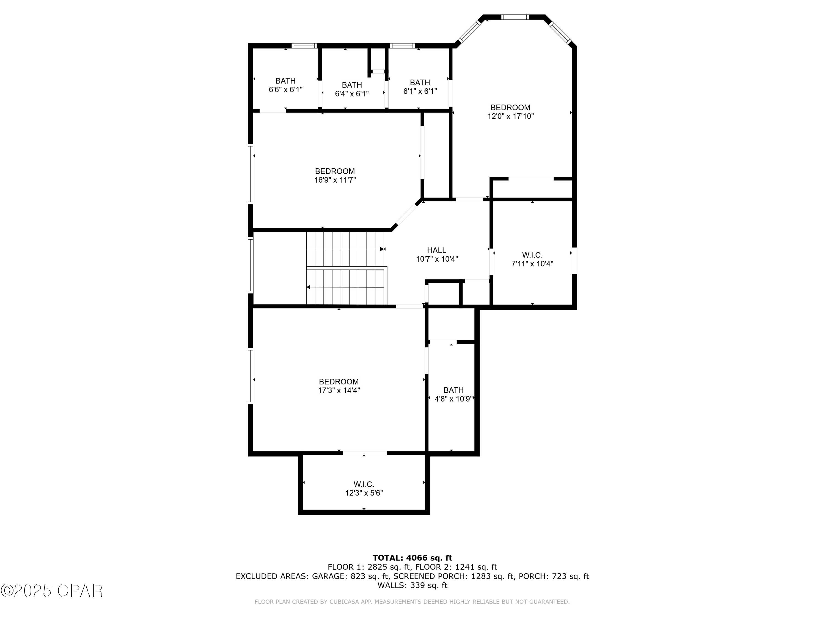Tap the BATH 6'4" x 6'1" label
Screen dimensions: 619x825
point(352,89)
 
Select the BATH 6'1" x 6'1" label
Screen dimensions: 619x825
point(420,87)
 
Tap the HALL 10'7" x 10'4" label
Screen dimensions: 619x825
point(436,255)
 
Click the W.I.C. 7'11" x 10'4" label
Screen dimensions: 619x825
point(532,259)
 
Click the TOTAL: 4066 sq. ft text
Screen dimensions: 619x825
point(412,558)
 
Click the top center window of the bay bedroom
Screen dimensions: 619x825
point(515,17)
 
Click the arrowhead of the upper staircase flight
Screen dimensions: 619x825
point(382,249)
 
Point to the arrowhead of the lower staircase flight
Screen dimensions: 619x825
point(309,287)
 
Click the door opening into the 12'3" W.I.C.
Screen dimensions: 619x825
point(365,453)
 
